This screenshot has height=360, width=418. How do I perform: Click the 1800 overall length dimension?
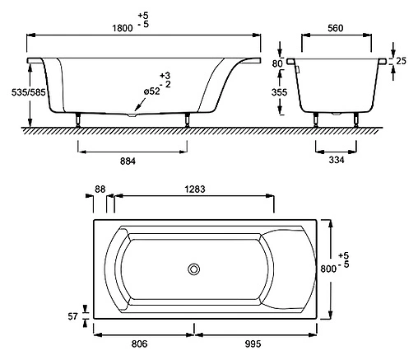coord(123,28)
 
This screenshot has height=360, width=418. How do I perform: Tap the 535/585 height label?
coord(29,92)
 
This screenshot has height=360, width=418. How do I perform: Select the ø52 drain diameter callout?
coord(152,91)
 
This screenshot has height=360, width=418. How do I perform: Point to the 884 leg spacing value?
coord(128,161)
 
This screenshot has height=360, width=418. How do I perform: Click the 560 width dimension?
coord(336,28)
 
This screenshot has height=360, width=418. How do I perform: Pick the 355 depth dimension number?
coord(279,92)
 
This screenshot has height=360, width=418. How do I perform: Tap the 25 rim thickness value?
coord(401,61)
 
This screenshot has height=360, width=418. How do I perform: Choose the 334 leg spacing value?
coord(337,160)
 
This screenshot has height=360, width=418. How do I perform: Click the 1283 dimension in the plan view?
coord(195,189)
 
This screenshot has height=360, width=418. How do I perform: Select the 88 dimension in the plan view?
coord(100,189)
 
